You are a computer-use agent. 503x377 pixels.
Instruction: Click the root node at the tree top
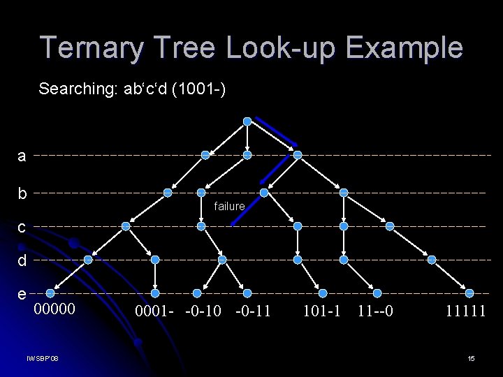247,121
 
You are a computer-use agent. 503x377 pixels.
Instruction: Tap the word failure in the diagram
229,206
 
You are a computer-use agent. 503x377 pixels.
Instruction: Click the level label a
22,156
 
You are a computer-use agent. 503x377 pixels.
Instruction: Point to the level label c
22,227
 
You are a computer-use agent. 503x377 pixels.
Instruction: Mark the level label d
22,260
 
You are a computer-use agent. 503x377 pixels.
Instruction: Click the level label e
22,294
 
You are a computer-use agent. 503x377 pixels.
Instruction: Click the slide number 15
471,359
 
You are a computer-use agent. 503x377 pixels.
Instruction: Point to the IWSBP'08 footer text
42,359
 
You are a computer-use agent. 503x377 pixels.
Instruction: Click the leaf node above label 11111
469,293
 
